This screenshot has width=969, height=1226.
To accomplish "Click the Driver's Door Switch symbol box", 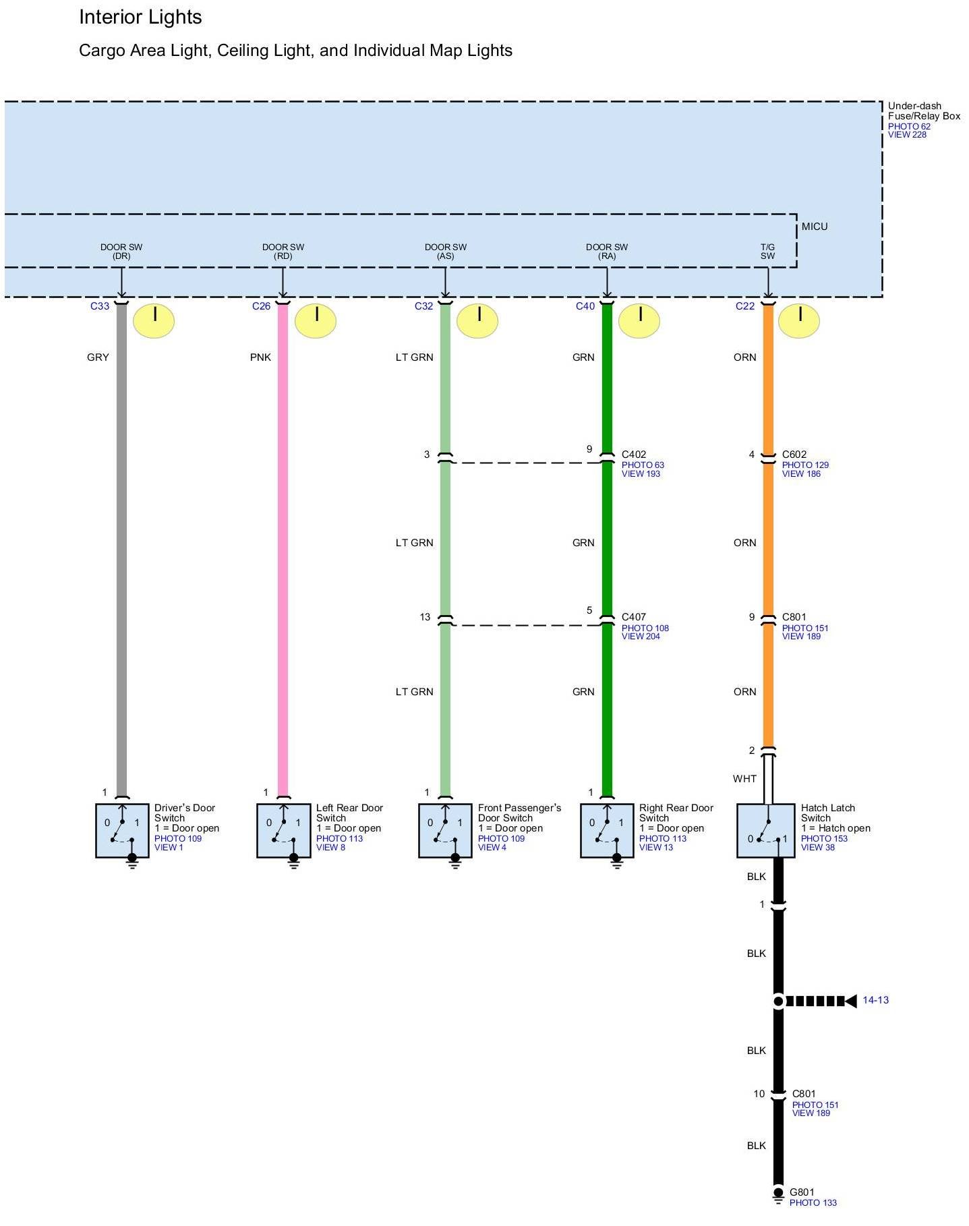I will (122, 830).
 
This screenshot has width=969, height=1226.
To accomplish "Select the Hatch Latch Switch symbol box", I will (765, 830).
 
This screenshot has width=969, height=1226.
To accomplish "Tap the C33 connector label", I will (100, 306).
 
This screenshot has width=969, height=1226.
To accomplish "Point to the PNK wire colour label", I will (260, 357).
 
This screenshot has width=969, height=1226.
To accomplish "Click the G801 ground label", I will (802, 1192).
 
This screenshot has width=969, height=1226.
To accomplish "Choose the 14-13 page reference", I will (875, 1000).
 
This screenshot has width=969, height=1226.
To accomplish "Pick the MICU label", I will (815, 227).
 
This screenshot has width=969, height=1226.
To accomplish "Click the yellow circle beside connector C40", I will (639, 320).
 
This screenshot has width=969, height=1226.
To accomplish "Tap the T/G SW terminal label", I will (767, 252).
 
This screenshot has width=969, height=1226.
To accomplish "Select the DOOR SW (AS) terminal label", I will (445, 252).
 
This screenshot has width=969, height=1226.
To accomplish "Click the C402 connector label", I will (634, 455).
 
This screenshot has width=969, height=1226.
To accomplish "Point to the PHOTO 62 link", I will (909, 126).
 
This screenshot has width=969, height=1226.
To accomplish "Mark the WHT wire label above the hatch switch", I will (744, 779).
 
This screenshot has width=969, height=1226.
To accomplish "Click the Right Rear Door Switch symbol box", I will (607, 830).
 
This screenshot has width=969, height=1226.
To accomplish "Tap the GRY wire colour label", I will (98, 357).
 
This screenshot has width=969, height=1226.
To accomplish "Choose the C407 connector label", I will (634, 617).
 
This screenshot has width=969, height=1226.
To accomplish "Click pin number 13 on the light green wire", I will (425, 617).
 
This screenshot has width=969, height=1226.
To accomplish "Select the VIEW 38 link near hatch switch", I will (817, 848).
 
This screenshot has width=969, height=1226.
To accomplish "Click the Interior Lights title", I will (140, 18).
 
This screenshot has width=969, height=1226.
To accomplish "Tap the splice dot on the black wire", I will (778, 1001).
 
